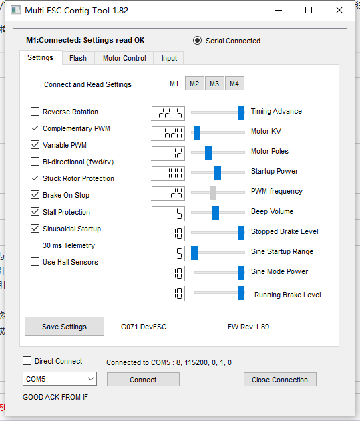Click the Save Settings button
[64, 327]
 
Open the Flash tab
[78, 58]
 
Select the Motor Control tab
[124, 58]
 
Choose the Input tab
[169, 58]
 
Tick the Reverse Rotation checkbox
[35, 111]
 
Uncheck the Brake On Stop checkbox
[35, 194]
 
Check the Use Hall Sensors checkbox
[35, 261]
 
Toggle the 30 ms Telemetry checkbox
[35, 245]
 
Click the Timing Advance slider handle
[241, 112]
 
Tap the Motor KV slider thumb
[197, 132]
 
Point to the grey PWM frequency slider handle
[213, 192]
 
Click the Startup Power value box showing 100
[168, 173]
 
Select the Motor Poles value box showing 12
[168, 153]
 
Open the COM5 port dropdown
[59, 379]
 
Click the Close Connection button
[280, 379]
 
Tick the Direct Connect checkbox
[27, 361]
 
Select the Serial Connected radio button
[197, 41]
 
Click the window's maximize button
[309, 10]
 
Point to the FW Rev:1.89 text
[248, 327]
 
